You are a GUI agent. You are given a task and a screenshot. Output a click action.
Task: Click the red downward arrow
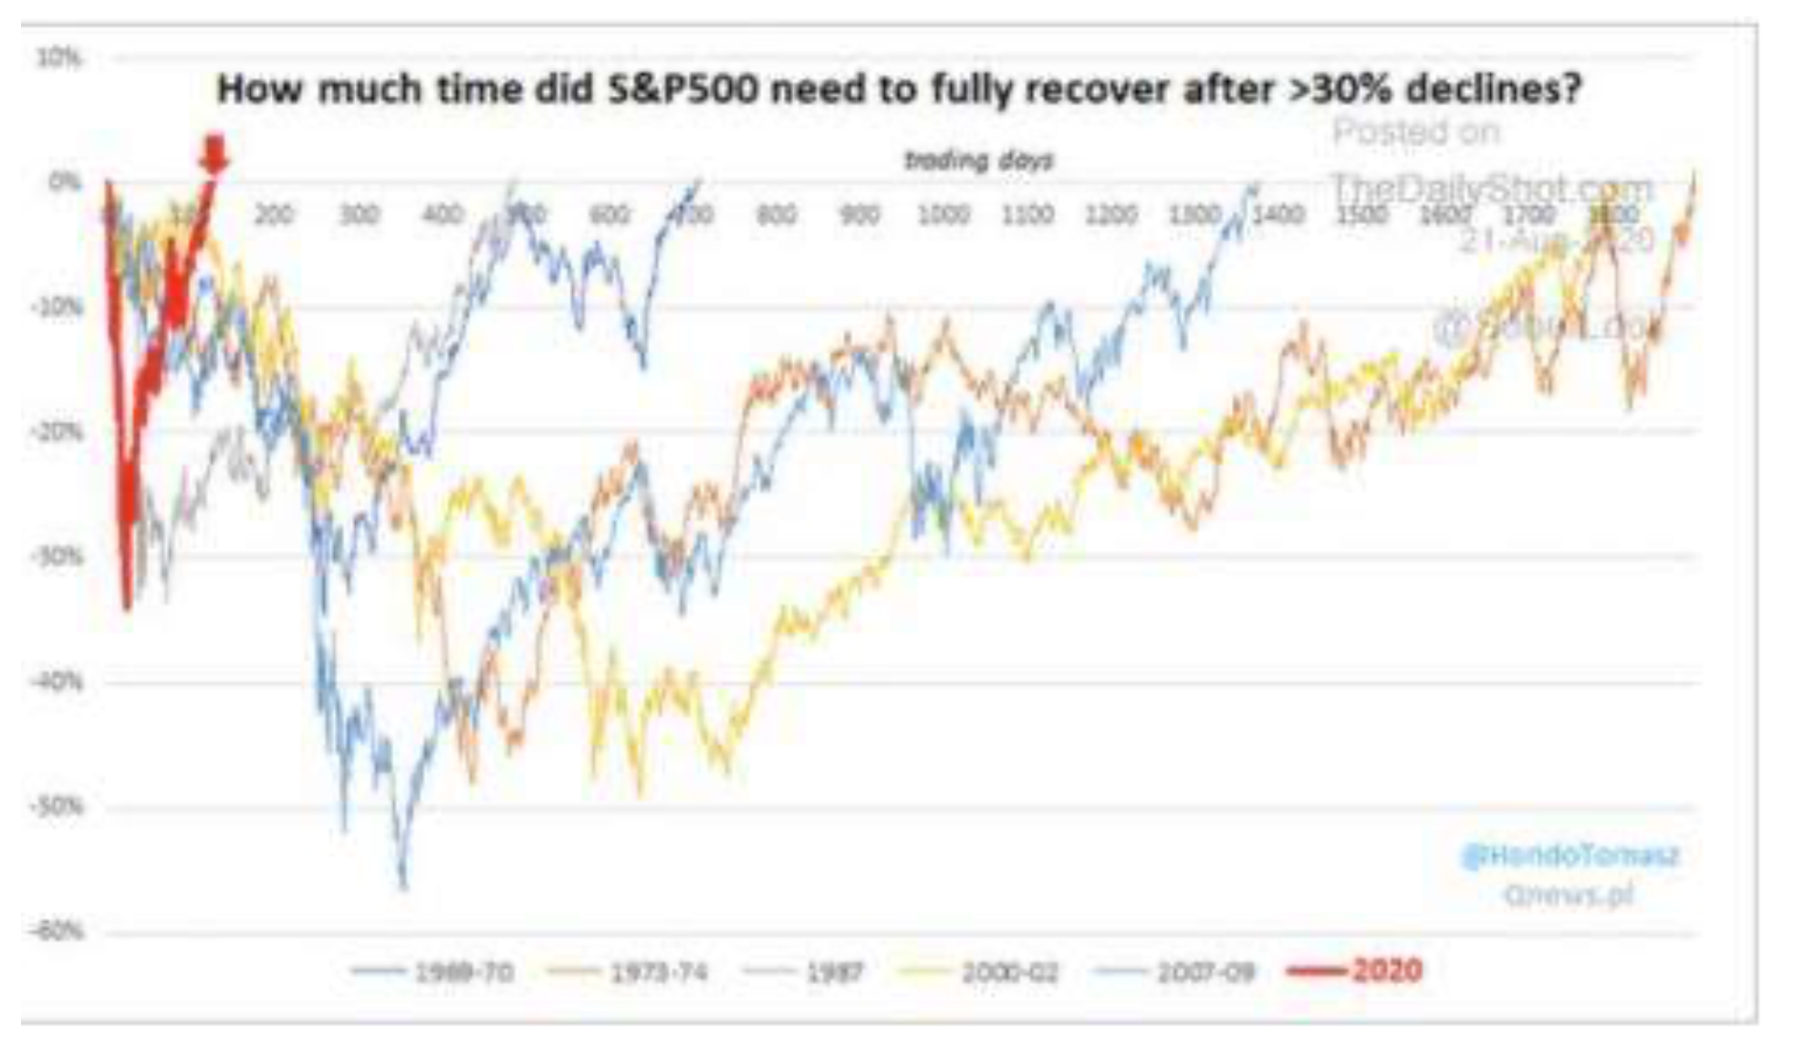point(214,153)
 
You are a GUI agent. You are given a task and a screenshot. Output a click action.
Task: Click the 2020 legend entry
point(1385,969)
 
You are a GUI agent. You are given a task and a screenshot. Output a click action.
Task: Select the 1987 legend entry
point(834,972)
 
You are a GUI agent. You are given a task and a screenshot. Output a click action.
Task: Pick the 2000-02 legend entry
point(1009,972)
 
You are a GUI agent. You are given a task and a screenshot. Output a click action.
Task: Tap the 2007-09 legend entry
point(1205,972)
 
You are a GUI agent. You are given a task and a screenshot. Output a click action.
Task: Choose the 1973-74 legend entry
point(658,972)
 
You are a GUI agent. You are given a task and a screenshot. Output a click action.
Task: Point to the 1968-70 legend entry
point(464,972)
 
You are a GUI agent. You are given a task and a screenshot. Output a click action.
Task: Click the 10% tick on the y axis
point(58,58)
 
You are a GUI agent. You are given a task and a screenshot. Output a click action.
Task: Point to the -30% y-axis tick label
point(57,555)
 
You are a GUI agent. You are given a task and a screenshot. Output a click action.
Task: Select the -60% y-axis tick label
point(57,931)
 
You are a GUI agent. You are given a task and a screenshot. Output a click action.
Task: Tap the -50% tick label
point(57,806)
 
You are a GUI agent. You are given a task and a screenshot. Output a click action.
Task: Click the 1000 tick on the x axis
point(943,215)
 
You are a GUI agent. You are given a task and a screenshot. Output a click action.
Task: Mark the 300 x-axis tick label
point(358,215)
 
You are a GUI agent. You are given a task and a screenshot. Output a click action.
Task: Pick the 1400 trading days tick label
point(1278,215)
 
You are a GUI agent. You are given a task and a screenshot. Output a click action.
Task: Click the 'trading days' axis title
point(978,161)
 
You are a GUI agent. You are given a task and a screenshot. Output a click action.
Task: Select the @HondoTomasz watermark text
point(1570,855)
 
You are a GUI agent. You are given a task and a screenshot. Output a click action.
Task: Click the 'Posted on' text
point(1415,132)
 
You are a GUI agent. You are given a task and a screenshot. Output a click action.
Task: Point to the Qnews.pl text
point(1568,895)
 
